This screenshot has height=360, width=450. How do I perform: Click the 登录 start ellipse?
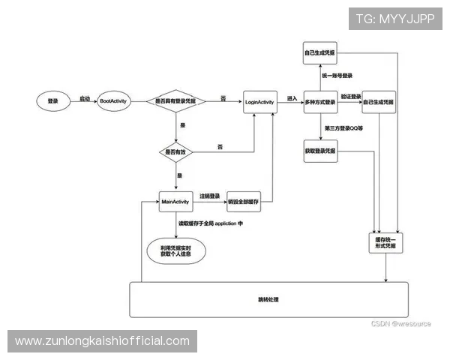52,100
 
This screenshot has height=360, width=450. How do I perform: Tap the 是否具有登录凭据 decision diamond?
175,100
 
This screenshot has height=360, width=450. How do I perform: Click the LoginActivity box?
259,100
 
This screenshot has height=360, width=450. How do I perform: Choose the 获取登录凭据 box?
320,151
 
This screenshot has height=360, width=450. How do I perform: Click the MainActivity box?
177,201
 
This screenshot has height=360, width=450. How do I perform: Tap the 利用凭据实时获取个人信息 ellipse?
175,250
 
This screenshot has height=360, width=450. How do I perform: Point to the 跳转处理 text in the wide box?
268,300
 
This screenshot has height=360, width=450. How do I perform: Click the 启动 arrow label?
85,97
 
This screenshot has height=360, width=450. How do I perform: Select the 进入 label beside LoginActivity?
292,97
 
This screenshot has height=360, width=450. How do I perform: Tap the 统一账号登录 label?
338,75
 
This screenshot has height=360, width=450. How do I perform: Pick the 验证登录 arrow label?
351,97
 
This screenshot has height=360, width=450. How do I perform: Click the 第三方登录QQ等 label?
343,128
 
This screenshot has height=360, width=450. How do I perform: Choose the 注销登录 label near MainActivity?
210,196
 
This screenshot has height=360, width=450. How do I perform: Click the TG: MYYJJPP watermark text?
394,18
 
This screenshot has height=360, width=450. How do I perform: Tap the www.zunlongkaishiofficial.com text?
102,341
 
